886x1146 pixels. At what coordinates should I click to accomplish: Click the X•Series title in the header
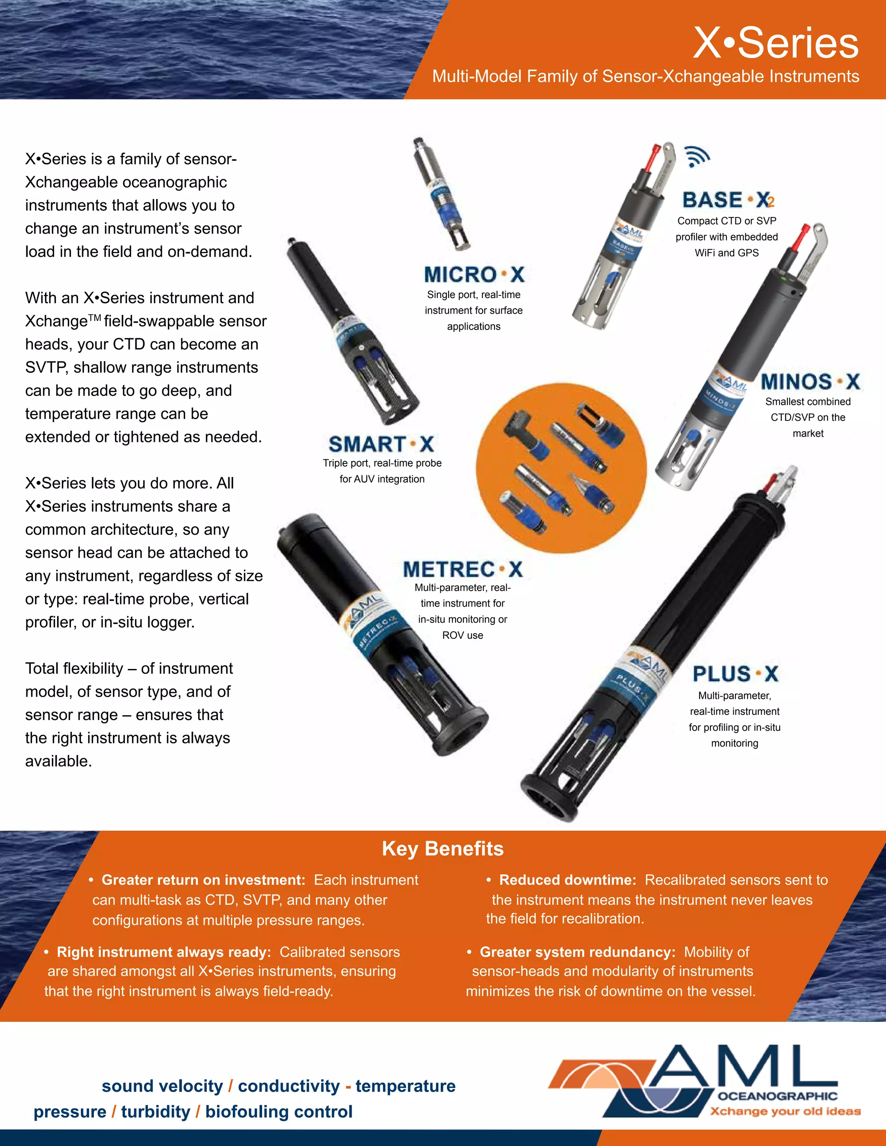click(776, 42)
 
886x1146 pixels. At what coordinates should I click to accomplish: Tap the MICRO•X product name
click(474, 275)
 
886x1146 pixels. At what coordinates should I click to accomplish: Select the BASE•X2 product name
click(728, 200)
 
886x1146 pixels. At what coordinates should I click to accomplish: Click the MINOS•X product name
click(810, 381)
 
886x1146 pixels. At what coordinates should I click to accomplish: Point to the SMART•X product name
click(381, 444)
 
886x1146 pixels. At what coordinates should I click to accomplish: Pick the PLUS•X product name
click(735, 674)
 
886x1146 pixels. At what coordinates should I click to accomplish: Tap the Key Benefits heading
click(443, 848)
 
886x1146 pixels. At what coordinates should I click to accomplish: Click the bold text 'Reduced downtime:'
click(568, 880)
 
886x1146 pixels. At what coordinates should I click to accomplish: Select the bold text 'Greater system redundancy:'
click(578, 952)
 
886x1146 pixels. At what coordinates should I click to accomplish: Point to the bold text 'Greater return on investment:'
click(203, 880)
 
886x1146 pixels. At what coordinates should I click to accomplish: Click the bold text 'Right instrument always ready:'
click(164, 952)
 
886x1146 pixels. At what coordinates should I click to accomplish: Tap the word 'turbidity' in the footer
click(155, 1111)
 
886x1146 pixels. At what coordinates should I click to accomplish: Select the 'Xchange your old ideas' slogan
click(785, 1111)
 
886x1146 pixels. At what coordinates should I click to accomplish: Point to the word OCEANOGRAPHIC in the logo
click(777, 1096)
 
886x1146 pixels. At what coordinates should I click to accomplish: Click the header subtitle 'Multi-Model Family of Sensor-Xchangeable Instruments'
click(645, 77)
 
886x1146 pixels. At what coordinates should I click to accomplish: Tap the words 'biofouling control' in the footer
click(279, 1111)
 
